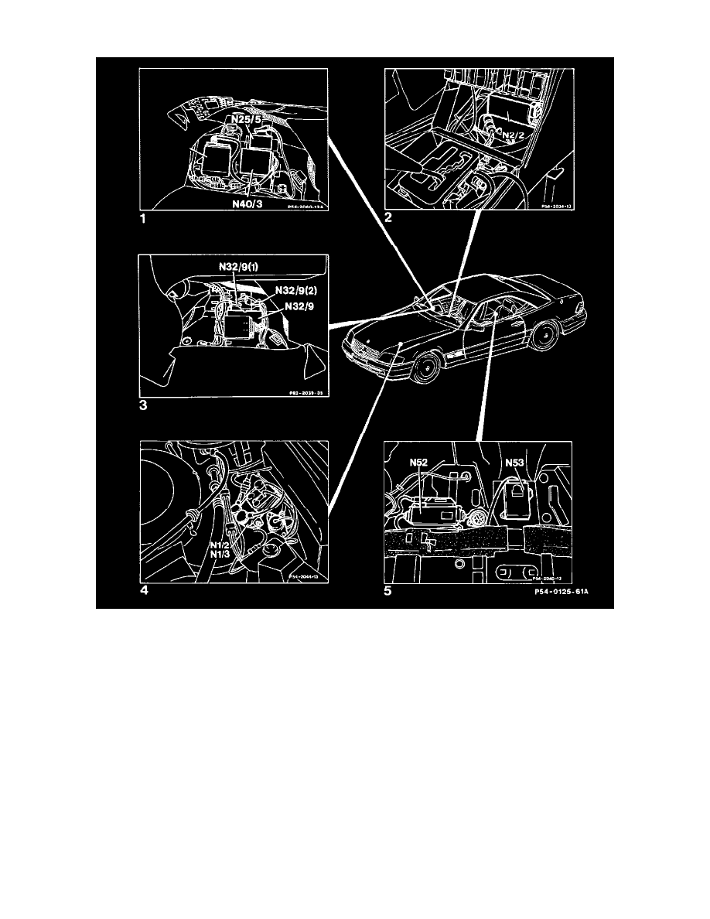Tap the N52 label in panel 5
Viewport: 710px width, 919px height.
coord(418,464)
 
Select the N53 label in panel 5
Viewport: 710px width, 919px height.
coord(516,464)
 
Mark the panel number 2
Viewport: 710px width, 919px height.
coord(389,219)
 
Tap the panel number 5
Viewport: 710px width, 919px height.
coord(389,593)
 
